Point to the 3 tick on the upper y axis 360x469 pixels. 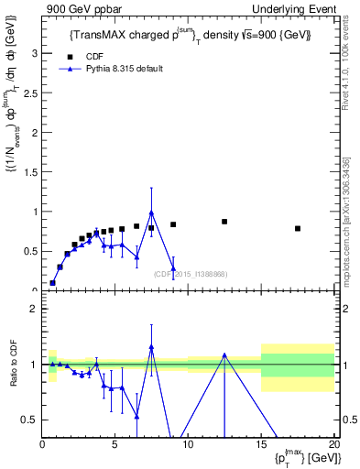pyautogui.click(x=35, y=53)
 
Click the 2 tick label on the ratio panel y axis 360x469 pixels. pyautogui.click(x=35, y=309)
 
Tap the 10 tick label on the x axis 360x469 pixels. pyautogui.click(x=188, y=443)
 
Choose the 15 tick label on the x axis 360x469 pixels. pyautogui.click(x=261, y=443)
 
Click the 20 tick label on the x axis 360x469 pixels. pyautogui.click(x=333, y=443)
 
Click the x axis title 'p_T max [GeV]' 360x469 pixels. pyautogui.click(x=302, y=457)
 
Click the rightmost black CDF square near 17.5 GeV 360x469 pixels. pyautogui.click(x=298, y=228)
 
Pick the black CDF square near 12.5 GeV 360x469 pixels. pyautogui.click(x=224, y=222)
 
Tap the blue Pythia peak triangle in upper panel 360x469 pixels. pyautogui.click(x=151, y=213)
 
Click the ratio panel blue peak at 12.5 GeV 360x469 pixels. pyautogui.click(x=224, y=355)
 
